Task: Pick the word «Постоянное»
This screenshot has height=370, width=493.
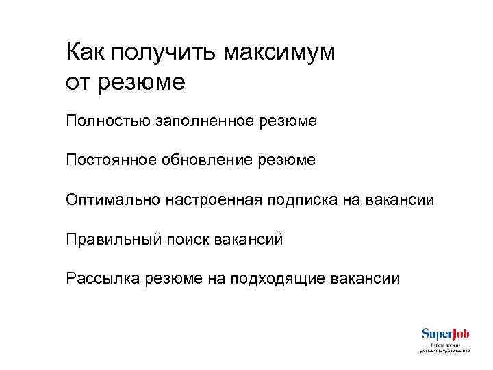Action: (105, 160)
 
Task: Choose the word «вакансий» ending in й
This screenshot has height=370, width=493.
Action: (249, 240)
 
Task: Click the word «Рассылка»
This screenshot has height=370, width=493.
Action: (102, 279)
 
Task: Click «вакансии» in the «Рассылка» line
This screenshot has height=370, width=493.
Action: (366, 279)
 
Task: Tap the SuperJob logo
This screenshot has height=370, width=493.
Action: (445, 334)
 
